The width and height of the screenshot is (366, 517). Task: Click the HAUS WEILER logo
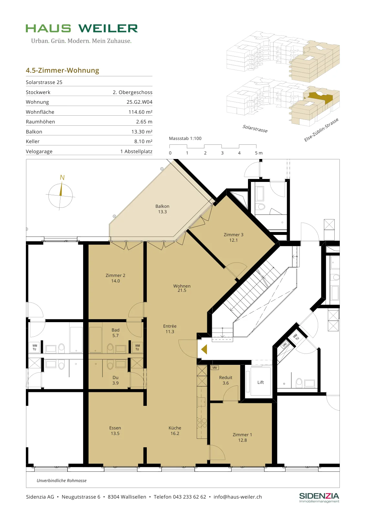coord(82,28)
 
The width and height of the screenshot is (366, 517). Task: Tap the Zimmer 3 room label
coord(233,237)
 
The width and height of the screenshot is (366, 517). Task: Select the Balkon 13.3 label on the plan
coord(162,209)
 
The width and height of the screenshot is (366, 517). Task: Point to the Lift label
coord(261,383)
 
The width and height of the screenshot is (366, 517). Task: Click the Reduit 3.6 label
coord(226,380)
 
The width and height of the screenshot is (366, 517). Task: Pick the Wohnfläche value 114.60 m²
coord(140,112)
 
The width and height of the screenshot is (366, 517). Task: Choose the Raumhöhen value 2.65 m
coord(144,121)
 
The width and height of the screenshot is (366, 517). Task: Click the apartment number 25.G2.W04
coord(139,102)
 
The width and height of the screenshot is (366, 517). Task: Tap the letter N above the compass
coord(62,177)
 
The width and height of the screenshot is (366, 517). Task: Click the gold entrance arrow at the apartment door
coord(204,349)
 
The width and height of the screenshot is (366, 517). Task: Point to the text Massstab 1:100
coord(185,139)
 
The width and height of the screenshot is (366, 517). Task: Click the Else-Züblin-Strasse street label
coord(321,130)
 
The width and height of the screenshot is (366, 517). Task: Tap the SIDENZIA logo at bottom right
coord(319,498)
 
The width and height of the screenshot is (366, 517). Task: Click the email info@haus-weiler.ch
coord(238,497)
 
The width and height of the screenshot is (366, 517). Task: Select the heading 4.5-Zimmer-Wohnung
coord(62,70)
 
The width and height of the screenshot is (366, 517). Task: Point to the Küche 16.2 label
coord(175,430)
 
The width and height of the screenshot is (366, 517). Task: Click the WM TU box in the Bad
coord(137,347)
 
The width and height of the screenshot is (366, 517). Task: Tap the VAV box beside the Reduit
coord(215,367)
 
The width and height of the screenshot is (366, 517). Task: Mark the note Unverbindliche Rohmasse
coord(62,480)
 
